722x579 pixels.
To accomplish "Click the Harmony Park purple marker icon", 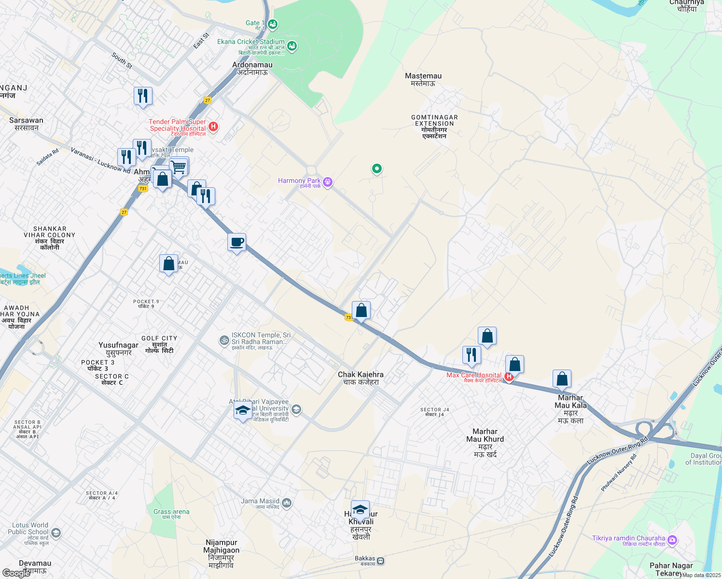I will click(x=328, y=182).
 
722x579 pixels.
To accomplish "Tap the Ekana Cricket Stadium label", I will click(x=250, y=42).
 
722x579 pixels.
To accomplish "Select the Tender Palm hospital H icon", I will click(x=213, y=127).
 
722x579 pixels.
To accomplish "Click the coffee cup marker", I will click(x=236, y=242).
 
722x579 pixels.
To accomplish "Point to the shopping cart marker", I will click(x=179, y=167).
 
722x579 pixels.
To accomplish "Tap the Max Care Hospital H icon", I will click(x=508, y=376).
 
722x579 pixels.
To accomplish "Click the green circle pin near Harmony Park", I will click(x=376, y=168).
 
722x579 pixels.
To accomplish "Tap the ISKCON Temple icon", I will click(x=224, y=341).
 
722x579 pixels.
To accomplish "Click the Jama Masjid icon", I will click(x=287, y=503).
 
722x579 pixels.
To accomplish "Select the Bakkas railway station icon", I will click(x=381, y=561).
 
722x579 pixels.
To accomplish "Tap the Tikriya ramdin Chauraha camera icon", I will click(x=672, y=540).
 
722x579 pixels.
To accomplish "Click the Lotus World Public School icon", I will click(x=56, y=533).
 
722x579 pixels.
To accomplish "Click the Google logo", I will click(x=16, y=573).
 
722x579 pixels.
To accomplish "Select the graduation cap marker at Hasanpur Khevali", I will click(x=360, y=510).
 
